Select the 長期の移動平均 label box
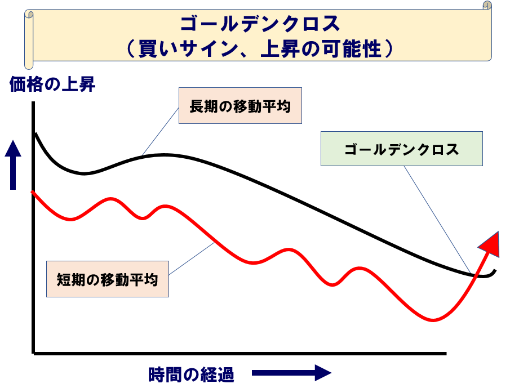tap(240, 105)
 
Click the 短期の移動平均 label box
tap(107, 279)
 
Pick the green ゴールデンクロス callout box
tap(401, 149)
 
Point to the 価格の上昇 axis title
tap(52, 85)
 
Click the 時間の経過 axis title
tap(191, 374)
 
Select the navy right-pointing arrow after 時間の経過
tap(291, 373)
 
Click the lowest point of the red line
tap(433, 320)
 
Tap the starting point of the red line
tap(33, 192)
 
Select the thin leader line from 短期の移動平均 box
tap(192, 259)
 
